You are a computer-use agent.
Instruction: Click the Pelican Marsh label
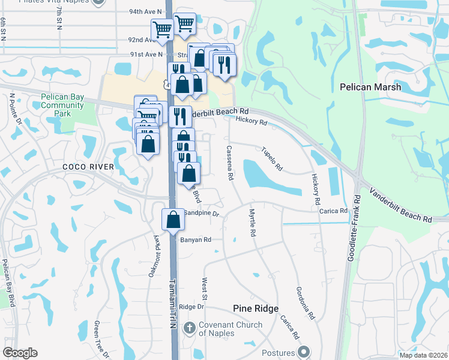click(370, 87)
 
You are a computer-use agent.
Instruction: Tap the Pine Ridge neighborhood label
click(256, 308)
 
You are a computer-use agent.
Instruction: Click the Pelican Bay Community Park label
click(62, 105)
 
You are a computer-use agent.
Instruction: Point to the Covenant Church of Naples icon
click(189, 328)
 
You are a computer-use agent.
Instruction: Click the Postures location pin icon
click(304, 352)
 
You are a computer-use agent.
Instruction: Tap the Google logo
click(20, 353)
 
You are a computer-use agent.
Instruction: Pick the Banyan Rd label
click(196, 239)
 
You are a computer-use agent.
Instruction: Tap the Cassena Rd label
click(229, 163)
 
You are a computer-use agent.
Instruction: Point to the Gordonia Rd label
click(304, 302)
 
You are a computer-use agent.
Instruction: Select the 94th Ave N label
click(146, 11)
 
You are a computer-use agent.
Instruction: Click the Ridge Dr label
click(192, 307)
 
